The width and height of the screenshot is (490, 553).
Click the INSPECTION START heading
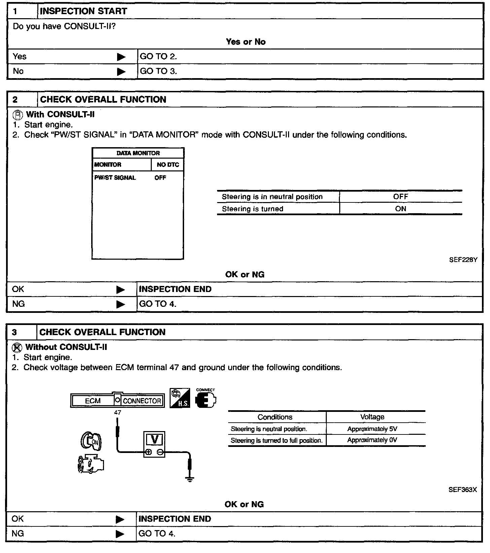[83, 11]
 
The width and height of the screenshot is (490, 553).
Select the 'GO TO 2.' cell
[158, 57]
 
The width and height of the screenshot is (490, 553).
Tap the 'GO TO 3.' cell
[158, 71]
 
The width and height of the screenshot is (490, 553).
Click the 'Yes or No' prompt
[246, 42]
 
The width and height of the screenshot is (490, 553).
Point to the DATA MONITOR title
[138, 153]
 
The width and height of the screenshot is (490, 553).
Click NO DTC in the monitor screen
[168, 165]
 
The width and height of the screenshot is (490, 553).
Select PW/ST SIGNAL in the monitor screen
[115, 178]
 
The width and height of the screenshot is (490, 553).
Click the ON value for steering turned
[400, 209]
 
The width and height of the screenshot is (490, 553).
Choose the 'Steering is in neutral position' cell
[272, 197]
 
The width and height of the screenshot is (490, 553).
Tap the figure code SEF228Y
[463, 260]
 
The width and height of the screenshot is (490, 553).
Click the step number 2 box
[15, 100]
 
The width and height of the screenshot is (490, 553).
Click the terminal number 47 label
[117, 413]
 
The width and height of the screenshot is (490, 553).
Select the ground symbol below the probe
[190, 479]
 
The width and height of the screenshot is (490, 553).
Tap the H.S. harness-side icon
[180, 398]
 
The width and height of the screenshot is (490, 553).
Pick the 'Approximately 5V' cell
[372, 429]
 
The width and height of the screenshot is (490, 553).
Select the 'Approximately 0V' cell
[372, 440]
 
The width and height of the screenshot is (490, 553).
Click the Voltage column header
[372, 417]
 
